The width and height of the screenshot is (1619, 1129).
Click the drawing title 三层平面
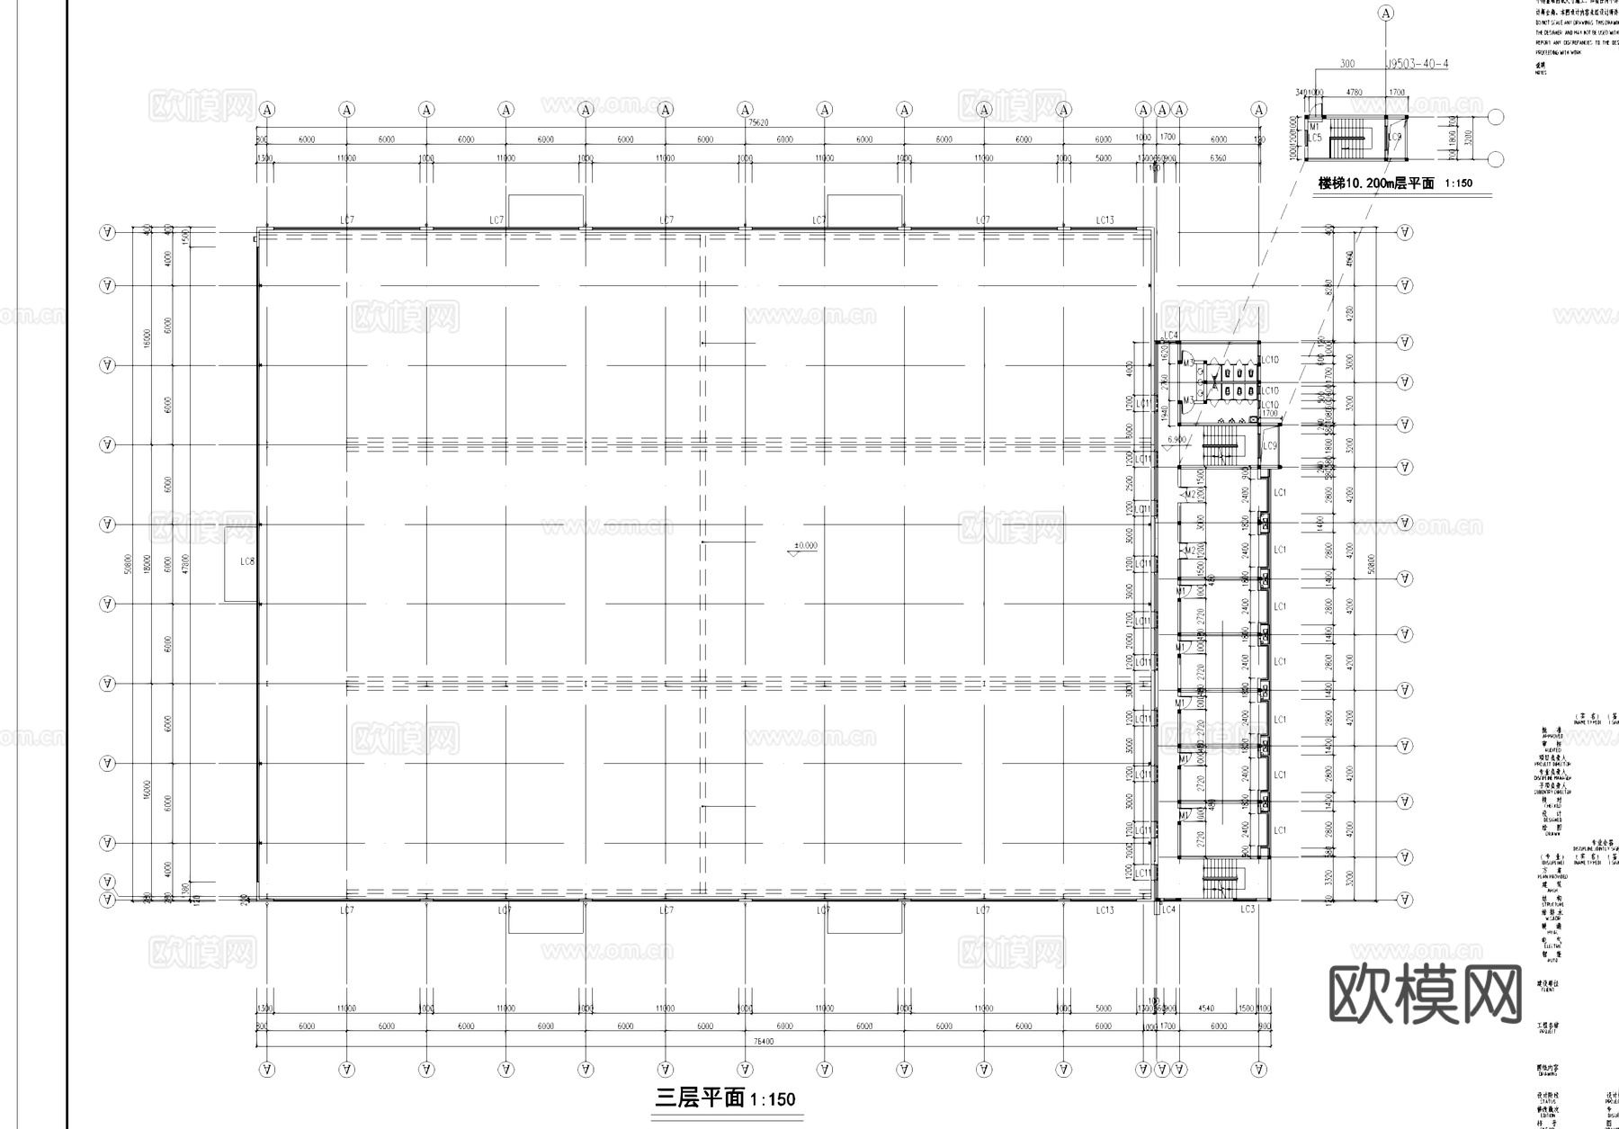coord(700,1098)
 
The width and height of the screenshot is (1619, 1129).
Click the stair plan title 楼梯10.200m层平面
coord(1375,184)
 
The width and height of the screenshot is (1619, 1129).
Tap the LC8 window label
coord(247,561)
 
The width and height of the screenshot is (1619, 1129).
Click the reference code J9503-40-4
coord(1418,64)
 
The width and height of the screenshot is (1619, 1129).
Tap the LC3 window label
coord(1247,909)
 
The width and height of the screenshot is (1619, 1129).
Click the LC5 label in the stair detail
coord(1315,138)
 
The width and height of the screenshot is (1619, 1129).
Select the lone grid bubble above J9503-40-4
coord(1386,13)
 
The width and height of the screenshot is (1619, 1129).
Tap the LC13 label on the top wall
coord(1105,220)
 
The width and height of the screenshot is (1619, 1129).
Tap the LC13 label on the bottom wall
coord(1105,910)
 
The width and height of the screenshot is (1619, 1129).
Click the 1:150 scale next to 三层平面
coord(772,1099)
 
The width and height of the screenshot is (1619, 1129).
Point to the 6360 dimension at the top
coord(1218,158)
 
